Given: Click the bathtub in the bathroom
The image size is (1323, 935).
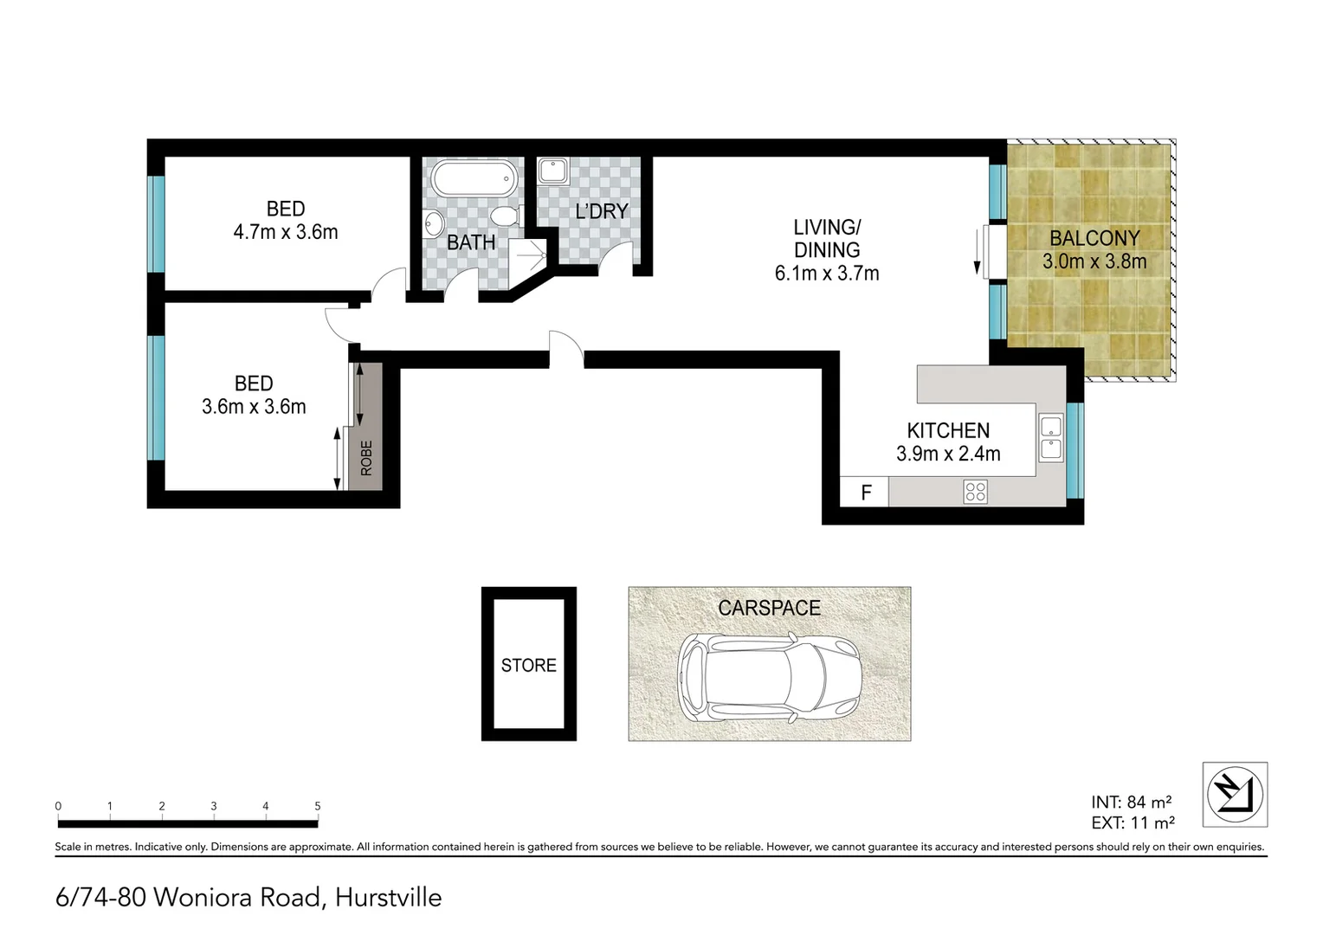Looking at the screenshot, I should (474, 179).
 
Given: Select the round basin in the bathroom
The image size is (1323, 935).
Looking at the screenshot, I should (433, 222).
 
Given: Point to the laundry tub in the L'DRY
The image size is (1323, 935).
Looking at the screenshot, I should (552, 171).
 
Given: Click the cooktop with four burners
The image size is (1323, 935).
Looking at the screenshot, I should (975, 492).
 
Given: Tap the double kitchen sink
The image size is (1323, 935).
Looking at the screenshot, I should (1050, 437).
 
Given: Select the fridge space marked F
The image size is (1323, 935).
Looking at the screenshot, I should (865, 493).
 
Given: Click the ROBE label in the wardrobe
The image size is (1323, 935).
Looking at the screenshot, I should (366, 458).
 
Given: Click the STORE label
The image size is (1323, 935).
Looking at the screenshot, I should (528, 665).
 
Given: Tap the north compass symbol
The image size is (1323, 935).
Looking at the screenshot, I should (1235, 794).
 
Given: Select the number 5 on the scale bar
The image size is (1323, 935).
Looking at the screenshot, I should (318, 806).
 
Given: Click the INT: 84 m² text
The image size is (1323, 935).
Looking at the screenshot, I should (1131, 802).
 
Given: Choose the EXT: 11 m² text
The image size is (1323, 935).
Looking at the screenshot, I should (1133, 823).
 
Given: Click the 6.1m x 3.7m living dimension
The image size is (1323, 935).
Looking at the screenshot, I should (827, 274).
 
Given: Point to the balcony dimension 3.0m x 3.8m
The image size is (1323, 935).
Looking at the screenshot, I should (1094, 261).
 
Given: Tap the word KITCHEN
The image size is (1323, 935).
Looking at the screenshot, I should (948, 430).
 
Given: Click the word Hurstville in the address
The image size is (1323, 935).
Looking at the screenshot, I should (388, 898).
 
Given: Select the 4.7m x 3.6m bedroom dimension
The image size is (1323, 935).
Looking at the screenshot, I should (286, 232).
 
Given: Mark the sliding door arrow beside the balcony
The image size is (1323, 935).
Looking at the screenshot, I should (978, 251).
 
